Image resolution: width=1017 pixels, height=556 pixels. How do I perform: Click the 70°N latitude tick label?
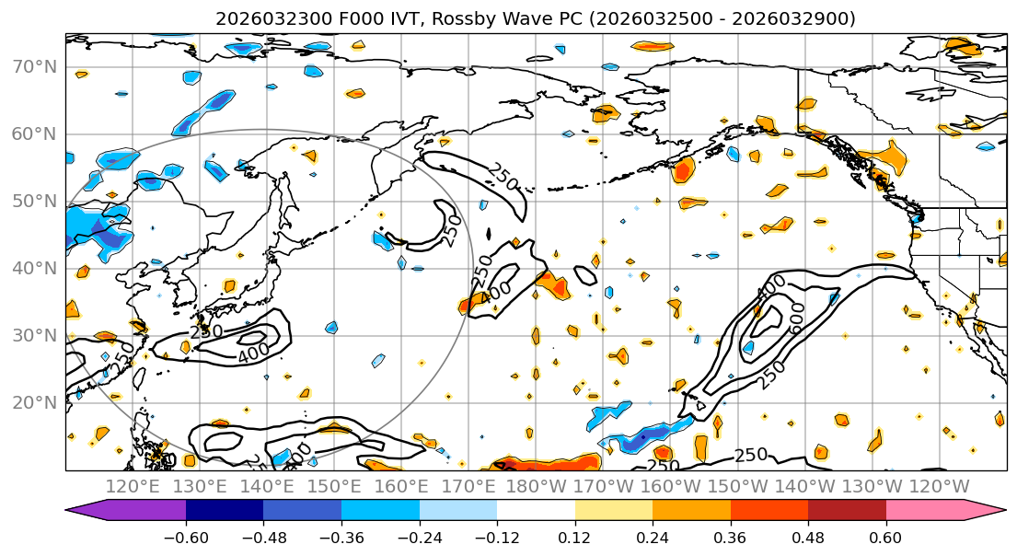pos(33,67)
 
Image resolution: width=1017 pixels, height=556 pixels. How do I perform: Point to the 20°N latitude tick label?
pos(33,403)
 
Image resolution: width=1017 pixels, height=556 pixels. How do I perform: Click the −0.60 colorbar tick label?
pos(185,536)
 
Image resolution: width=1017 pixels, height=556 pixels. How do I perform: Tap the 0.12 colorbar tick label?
pos(575,536)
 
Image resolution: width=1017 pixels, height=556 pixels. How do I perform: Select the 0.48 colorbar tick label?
pos(808,536)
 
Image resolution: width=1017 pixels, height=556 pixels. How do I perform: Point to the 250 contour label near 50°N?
pos(503,174)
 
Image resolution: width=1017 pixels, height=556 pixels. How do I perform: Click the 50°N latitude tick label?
pos(33,202)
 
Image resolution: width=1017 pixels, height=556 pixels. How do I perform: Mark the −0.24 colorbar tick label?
pos(419,536)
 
